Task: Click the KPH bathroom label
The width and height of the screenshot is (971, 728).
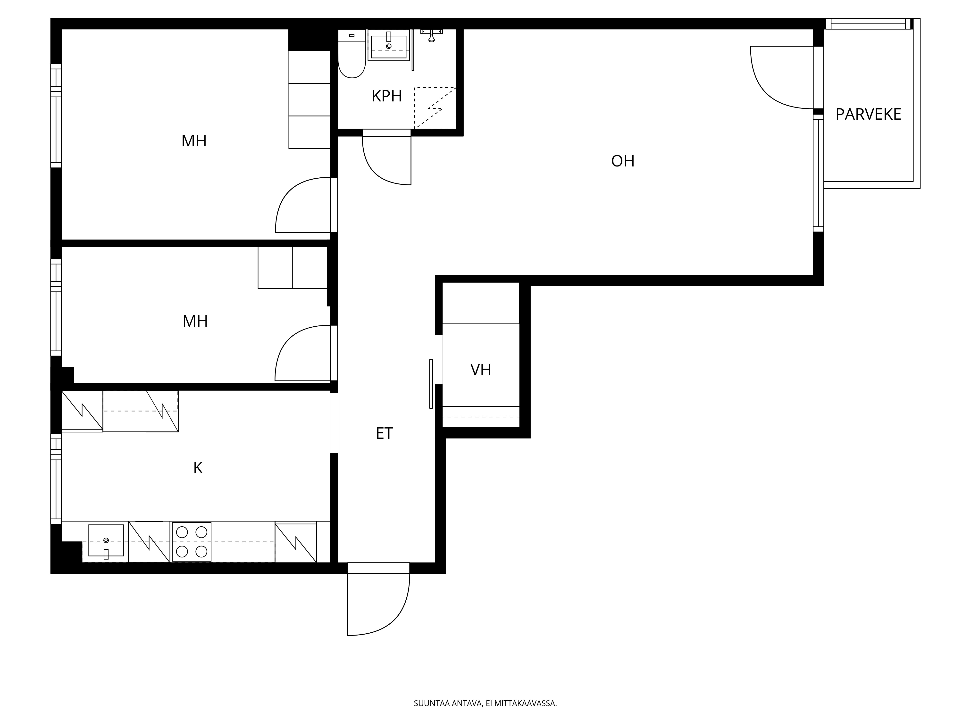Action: [387, 96]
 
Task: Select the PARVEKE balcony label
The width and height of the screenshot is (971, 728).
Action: [868, 115]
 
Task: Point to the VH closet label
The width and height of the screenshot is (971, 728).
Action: [481, 370]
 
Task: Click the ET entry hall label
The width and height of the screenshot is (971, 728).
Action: [385, 434]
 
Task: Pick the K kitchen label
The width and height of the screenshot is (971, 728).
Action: [198, 468]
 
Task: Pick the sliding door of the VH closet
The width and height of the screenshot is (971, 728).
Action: [431, 384]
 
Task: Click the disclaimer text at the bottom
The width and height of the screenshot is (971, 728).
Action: [485, 679]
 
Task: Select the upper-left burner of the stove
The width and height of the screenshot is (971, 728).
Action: [182, 532]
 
